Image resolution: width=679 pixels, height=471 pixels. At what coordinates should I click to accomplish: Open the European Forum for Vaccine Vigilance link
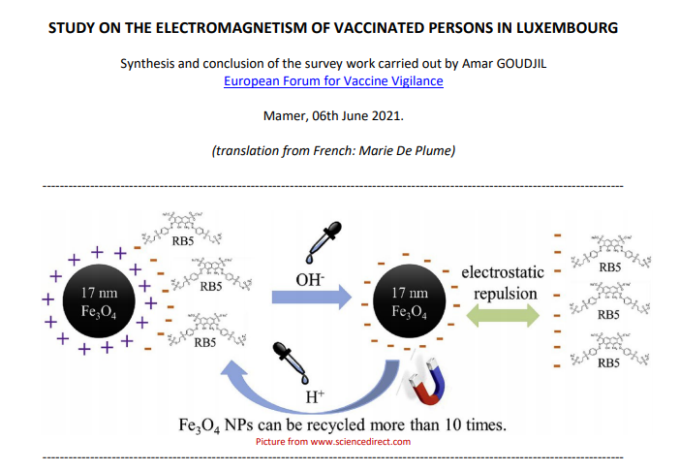pyautogui.click(x=333, y=81)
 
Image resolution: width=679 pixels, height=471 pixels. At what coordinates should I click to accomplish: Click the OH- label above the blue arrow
pyautogui.click(x=308, y=279)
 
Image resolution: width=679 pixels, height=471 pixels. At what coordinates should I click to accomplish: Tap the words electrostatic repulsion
pyautogui.click(x=502, y=282)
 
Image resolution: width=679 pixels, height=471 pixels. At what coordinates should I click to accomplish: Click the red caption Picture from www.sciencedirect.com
pyautogui.click(x=333, y=442)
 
